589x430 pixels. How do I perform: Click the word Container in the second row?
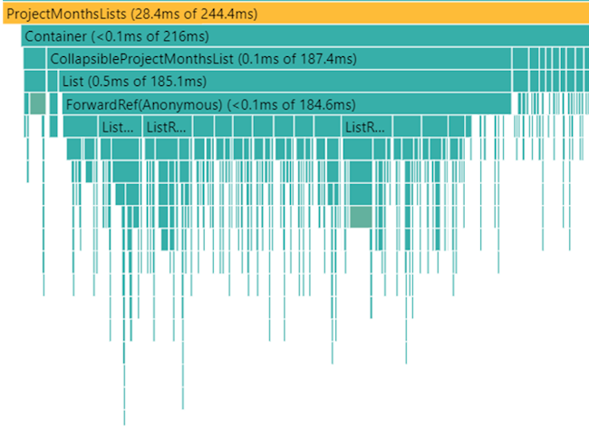point(54,37)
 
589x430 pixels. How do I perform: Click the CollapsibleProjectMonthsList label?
point(142,60)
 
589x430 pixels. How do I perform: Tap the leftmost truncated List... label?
point(117,127)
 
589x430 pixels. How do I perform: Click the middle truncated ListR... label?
point(165,127)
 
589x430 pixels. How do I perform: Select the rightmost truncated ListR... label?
point(364,127)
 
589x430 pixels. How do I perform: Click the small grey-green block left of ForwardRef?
point(37,103)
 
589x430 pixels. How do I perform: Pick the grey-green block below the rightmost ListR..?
point(360,217)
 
